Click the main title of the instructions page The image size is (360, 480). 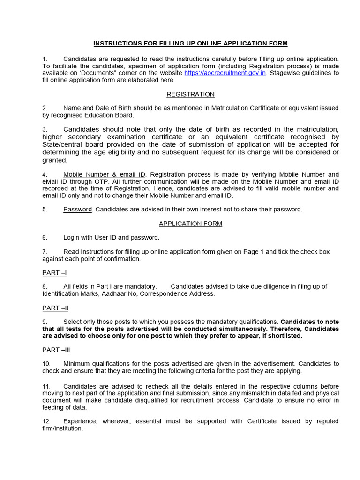190,44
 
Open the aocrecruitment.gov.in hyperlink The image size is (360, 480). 225,73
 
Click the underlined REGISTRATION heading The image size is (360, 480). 190,94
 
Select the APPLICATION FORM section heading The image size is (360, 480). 190,224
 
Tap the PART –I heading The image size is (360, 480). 54,272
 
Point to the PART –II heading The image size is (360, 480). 55,308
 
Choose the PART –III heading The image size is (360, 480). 56,350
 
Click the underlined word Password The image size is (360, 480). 77,210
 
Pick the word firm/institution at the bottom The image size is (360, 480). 62,428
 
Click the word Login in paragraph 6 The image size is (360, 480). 72,238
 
